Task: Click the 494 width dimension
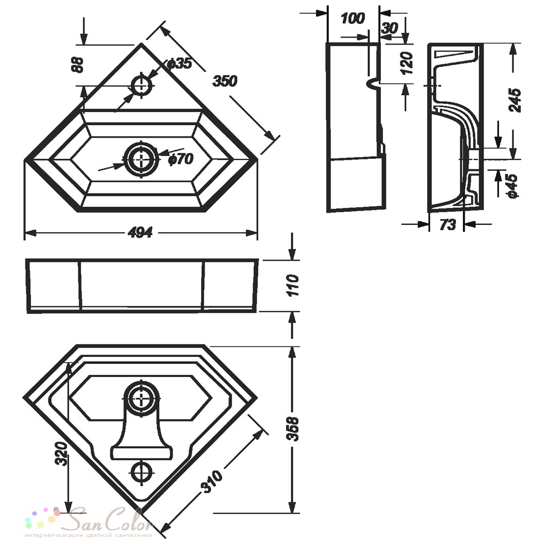[140, 232]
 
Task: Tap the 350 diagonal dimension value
[225, 81]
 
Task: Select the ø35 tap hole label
[180, 64]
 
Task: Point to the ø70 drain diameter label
[181, 159]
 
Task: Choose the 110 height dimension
[293, 285]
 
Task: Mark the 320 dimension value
[61, 454]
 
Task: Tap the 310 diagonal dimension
[212, 481]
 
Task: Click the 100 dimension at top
[353, 18]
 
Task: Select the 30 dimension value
[389, 28]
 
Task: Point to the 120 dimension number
[407, 63]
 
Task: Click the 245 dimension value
[515, 100]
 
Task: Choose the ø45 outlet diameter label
[512, 186]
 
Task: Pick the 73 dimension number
[447, 225]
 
